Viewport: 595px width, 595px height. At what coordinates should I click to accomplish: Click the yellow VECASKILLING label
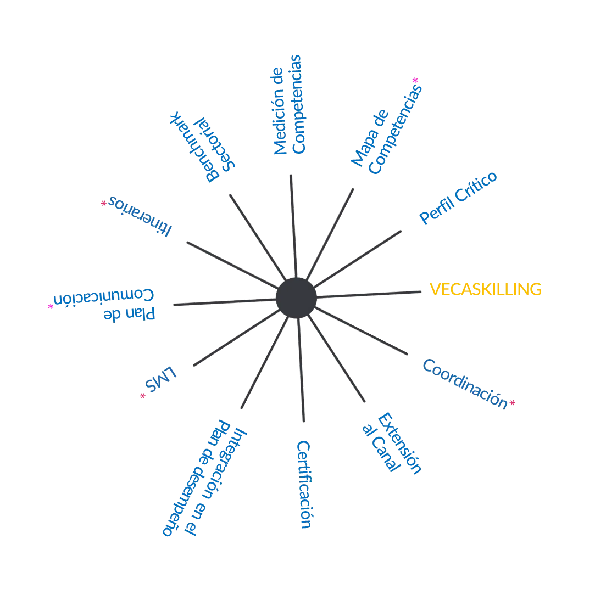(485, 289)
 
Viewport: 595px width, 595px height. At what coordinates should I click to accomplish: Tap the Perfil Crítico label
(458, 199)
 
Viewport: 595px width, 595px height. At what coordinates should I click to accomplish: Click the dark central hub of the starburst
(297, 297)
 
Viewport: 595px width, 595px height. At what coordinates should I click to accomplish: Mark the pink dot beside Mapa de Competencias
(416, 81)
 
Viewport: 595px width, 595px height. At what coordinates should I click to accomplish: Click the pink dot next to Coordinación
(512, 403)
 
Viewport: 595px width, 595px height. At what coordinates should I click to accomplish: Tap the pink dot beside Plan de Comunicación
(49, 307)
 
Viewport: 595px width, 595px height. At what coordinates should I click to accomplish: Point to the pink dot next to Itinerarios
(102, 203)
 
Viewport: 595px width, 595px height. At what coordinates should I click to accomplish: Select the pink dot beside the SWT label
(142, 395)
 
